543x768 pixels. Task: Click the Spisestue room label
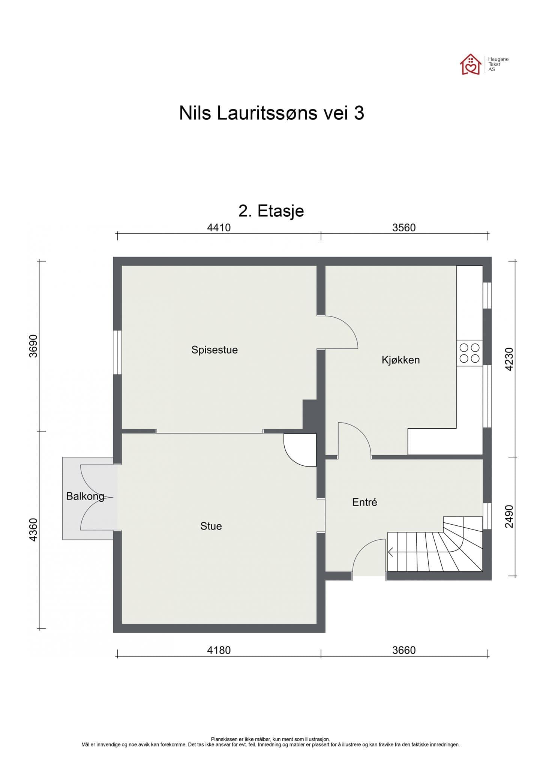pos(214,350)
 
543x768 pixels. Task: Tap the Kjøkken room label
pos(400,360)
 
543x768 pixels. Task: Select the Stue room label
pos(211,526)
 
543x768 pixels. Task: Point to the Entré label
pos(364,502)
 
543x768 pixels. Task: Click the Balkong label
pos(85,496)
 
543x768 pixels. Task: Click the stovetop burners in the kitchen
pos(469,353)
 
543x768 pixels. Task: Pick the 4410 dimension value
pos(219,228)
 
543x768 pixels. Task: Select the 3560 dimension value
pos(404,228)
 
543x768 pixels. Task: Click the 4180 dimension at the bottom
pos(219,650)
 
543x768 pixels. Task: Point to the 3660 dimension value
pos(404,650)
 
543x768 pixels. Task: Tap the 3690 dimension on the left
pos(33,346)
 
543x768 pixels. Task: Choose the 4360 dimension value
pos(33,529)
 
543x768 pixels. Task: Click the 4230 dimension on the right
pos(509,359)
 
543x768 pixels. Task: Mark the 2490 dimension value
pos(509,516)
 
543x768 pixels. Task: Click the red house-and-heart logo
pos(471,64)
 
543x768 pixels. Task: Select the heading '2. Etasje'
pos(271,211)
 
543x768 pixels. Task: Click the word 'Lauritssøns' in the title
pos(267,113)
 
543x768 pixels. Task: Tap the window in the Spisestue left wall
pos(117,352)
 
